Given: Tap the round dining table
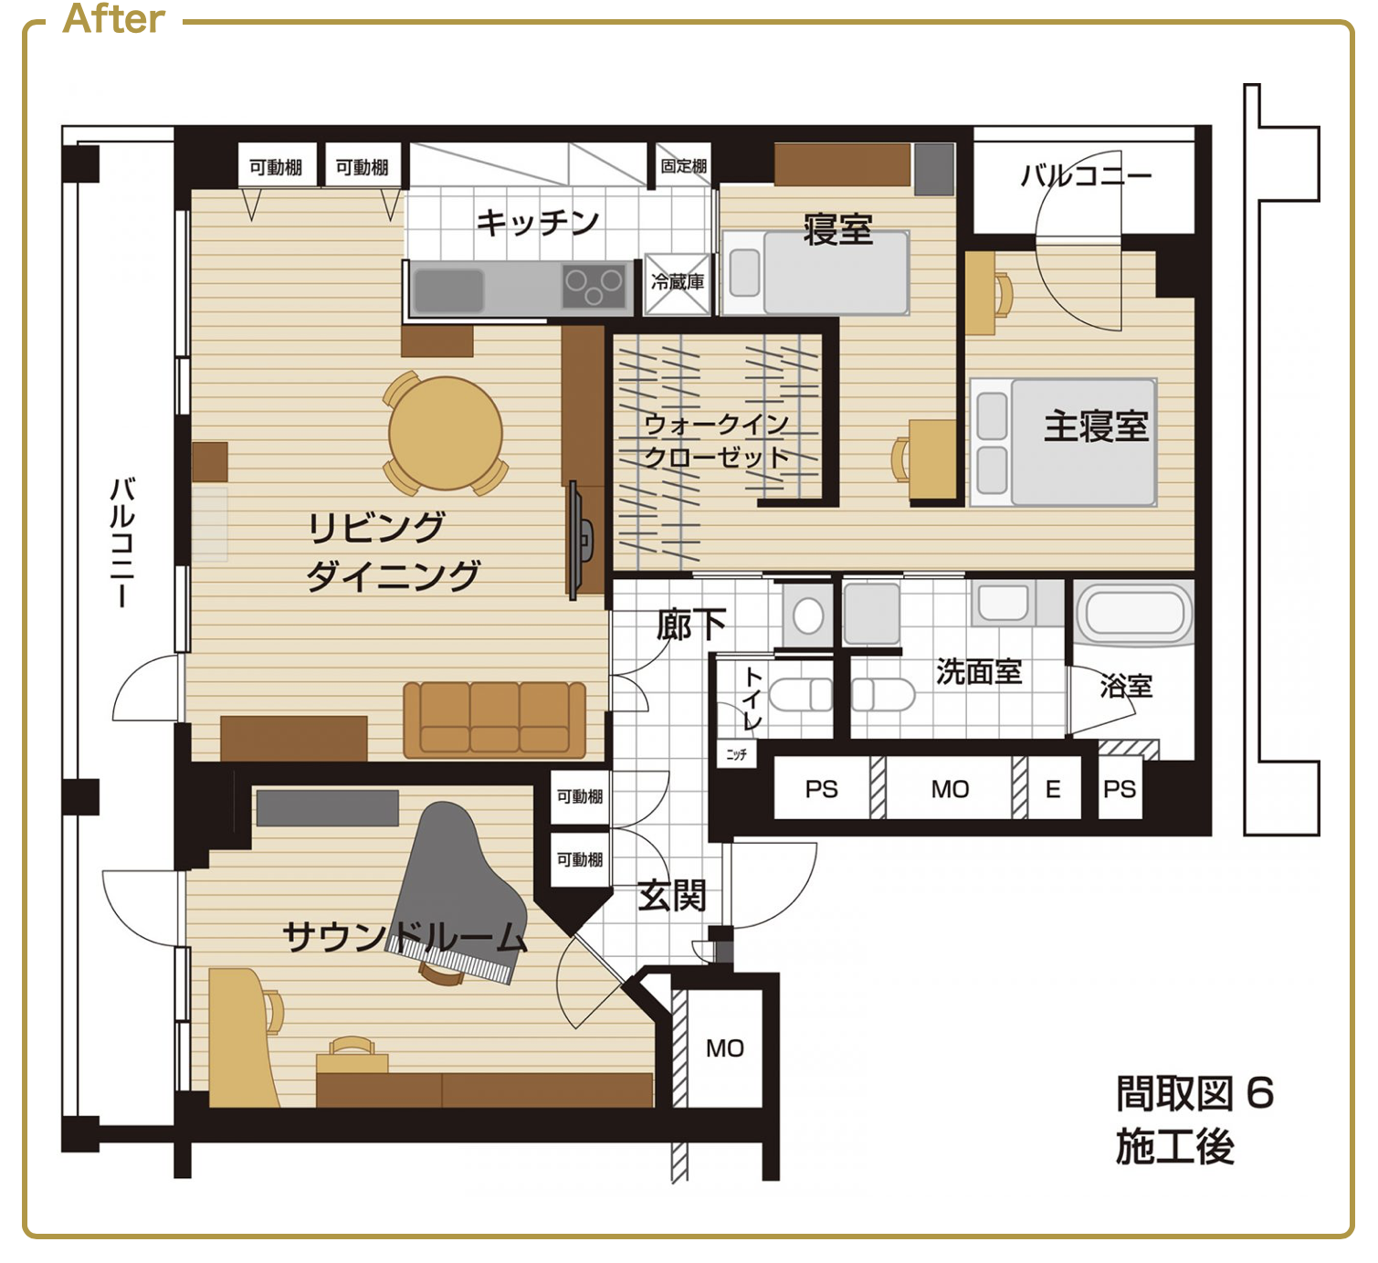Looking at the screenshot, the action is (445, 433).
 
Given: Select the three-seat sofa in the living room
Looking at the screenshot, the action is (495, 720).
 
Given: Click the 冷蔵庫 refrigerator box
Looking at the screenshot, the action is (678, 284).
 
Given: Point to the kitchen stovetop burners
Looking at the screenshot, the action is (594, 286).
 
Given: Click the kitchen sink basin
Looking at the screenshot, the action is (448, 289).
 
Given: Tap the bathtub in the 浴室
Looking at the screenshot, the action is (1133, 613).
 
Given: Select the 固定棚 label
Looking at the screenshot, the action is (683, 165).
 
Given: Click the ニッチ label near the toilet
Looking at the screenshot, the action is (736, 754).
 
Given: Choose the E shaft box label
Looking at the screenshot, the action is (1052, 789).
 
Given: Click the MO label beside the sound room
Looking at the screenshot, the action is (725, 1048).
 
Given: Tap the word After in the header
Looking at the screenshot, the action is (113, 18).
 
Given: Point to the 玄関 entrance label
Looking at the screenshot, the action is (672, 895).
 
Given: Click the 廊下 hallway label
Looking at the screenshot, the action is (691, 625).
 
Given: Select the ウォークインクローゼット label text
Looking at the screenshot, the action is (717, 441).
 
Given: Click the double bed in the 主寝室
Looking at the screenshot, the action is (1063, 443).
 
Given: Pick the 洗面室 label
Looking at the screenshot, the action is (979, 671).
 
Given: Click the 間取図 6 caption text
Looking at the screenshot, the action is (1194, 1093).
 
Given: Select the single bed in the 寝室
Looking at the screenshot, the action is (816, 273).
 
